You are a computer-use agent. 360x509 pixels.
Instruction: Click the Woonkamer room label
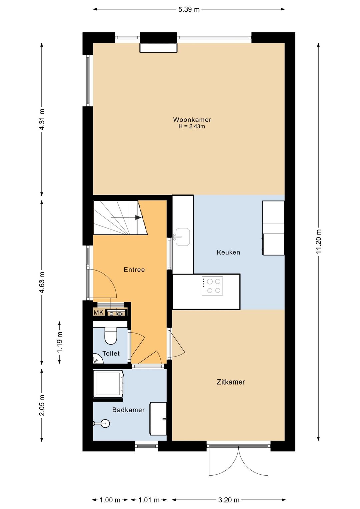click(192, 119)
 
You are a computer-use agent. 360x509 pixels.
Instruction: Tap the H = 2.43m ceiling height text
click(192, 126)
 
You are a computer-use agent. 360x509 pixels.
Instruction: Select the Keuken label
click(228, 252)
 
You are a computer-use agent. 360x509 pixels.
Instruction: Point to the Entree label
click(134, 270)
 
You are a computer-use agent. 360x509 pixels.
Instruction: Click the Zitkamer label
click(231, 382)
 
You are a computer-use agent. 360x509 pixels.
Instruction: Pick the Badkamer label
click(129, 410)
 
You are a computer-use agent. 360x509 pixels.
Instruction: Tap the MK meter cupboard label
click(99, 313)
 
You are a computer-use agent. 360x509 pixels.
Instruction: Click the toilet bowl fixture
click(111, 336)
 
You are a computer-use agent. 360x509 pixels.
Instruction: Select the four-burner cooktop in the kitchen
click(212, 286)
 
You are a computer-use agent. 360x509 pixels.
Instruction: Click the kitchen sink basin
click(183, 237)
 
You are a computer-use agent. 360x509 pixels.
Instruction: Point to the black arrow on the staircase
click(138, 217)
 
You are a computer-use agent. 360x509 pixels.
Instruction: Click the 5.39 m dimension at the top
click(189, 9)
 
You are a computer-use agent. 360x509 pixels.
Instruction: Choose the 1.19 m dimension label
click(60, 343)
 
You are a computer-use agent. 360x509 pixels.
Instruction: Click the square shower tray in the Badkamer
click(108, 384)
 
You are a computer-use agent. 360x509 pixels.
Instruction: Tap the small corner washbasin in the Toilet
click(97, 358)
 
